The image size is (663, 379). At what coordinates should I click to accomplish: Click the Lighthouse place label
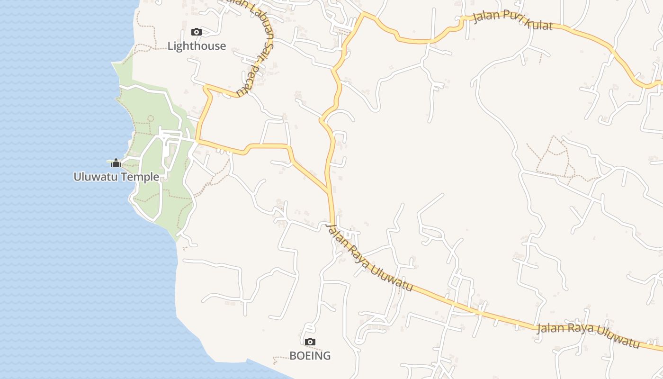click(197, 46)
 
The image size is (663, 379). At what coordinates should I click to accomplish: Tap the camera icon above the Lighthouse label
click(196, 32)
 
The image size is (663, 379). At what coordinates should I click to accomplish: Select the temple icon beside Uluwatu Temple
click(116, 163)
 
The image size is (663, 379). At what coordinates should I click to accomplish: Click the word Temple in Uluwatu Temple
click(141, 177)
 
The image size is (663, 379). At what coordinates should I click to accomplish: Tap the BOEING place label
click(310, 355)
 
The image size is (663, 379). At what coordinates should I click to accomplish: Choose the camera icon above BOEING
click(310, 342)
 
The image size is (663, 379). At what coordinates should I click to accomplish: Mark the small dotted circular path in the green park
click(151, 118)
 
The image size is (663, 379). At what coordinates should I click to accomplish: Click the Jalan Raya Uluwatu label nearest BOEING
click(369, 258)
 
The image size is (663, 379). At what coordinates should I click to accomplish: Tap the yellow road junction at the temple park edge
click(197, 141)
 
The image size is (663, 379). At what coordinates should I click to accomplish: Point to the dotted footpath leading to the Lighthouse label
click(142, 47)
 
